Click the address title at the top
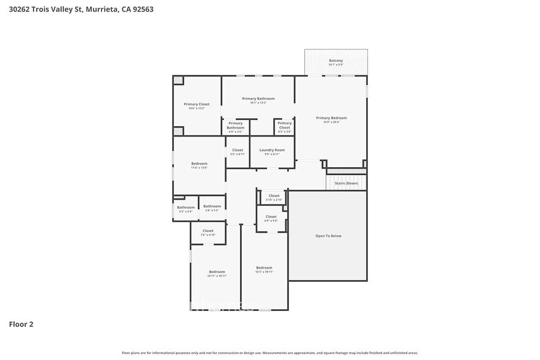pos(77,9)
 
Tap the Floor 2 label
pos(21,324)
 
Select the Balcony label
pos(336,61)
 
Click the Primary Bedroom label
pos(331,118)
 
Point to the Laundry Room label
pos(272,151)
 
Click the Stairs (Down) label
pos(346,183)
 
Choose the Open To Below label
pos(328,236)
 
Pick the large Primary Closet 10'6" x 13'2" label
pos(197,105)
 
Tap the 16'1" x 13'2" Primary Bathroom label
pos(258,99)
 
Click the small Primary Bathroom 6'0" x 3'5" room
pos(236,126)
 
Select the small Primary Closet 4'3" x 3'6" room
pos(285,126)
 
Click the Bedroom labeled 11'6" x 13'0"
pos(199,164)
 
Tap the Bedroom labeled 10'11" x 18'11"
pos(217,272)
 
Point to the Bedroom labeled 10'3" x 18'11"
pos(264,269)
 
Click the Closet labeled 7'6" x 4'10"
pos(208,231)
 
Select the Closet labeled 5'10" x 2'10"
pos(274,197)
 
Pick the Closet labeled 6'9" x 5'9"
pos(271,217)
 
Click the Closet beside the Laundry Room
pos(238,151)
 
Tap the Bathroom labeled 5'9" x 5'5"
pos(212,207)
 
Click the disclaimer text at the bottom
pos(270,353)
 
